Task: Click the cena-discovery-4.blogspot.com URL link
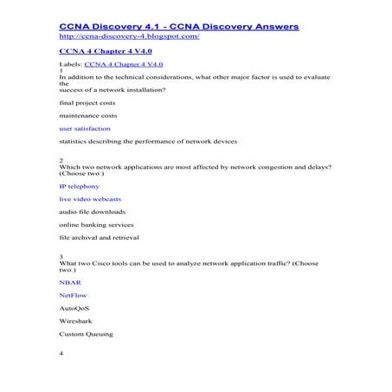click(x=129, y=37)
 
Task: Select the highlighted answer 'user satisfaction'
click(x=85, y=127)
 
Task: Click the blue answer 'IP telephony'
click(x=79, y=186)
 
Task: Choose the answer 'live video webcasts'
click(x=91, y=199)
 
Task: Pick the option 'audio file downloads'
click(x=92, y=211)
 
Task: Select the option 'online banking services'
click(x=96, y=224)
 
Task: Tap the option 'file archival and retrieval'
click(x=99, y=237)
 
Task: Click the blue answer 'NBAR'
click(x=70, y=283)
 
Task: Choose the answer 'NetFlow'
click(x=74, y=295)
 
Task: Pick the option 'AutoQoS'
click(x=74, y=308)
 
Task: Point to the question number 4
click(x=61, y=354)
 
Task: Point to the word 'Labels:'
click(x=70, y=65)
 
